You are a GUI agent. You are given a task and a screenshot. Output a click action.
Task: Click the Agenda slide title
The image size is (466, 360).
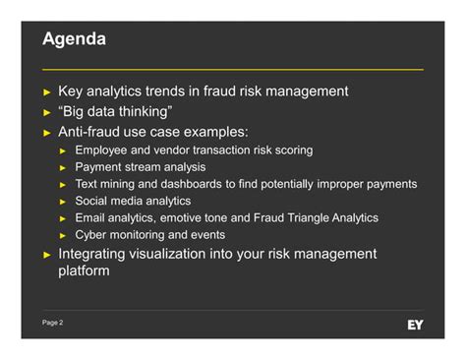[75, 41]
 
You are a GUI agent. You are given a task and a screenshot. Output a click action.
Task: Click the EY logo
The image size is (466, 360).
[415, 324]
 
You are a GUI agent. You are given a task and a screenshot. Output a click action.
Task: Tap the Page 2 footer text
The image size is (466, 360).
[53, 323]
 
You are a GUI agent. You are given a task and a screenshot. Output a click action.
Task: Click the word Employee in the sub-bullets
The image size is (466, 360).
[104, 150]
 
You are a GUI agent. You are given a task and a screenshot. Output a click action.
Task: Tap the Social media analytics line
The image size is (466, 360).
[133, 201]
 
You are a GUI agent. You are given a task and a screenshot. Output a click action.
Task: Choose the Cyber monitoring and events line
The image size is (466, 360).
[149, 235]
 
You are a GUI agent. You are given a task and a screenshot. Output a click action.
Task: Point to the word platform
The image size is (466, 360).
[84, 270]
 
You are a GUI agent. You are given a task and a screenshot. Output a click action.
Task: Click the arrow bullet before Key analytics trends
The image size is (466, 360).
[46, 92]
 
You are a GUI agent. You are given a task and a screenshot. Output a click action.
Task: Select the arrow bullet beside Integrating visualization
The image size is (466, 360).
[46, 255]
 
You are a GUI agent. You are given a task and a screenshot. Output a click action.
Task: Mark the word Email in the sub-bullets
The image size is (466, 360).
[91, 217]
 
